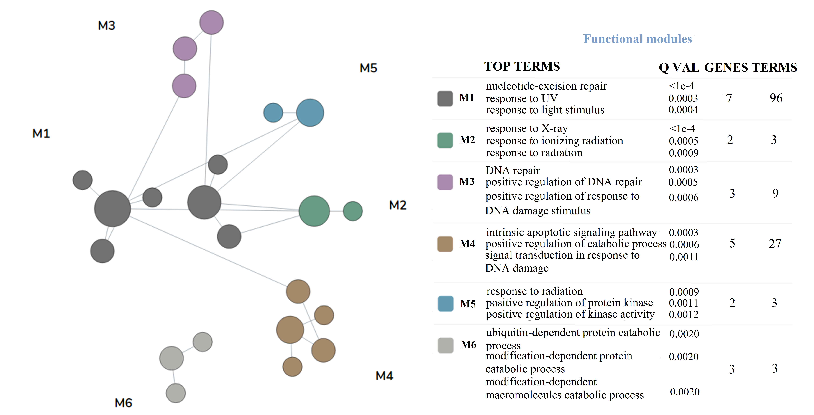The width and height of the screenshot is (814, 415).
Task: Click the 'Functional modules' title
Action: (x=637, y=39)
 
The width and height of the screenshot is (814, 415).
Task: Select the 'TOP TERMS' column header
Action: (x=522, y=66)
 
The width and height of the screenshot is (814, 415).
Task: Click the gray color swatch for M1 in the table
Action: (x=445, y=98)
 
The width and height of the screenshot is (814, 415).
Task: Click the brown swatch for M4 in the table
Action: (x=445, y=244)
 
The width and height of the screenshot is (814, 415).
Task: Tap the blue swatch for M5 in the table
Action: (x=446, y=304)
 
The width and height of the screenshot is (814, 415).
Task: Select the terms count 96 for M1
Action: (x=776, y=98)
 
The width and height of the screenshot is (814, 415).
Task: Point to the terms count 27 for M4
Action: (x=775, y=244)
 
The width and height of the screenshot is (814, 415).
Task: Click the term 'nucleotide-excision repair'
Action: (x=546, y=86)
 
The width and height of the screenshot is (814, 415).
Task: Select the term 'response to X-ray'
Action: (x=527, y=128)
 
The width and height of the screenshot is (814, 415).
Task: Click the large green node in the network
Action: (x=314, y=211)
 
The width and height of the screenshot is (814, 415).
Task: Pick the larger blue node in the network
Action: (x=310, y=113)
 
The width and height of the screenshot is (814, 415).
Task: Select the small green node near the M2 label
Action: (x=353, y=211)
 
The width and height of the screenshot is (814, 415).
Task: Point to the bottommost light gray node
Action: (x=176, y=393)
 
